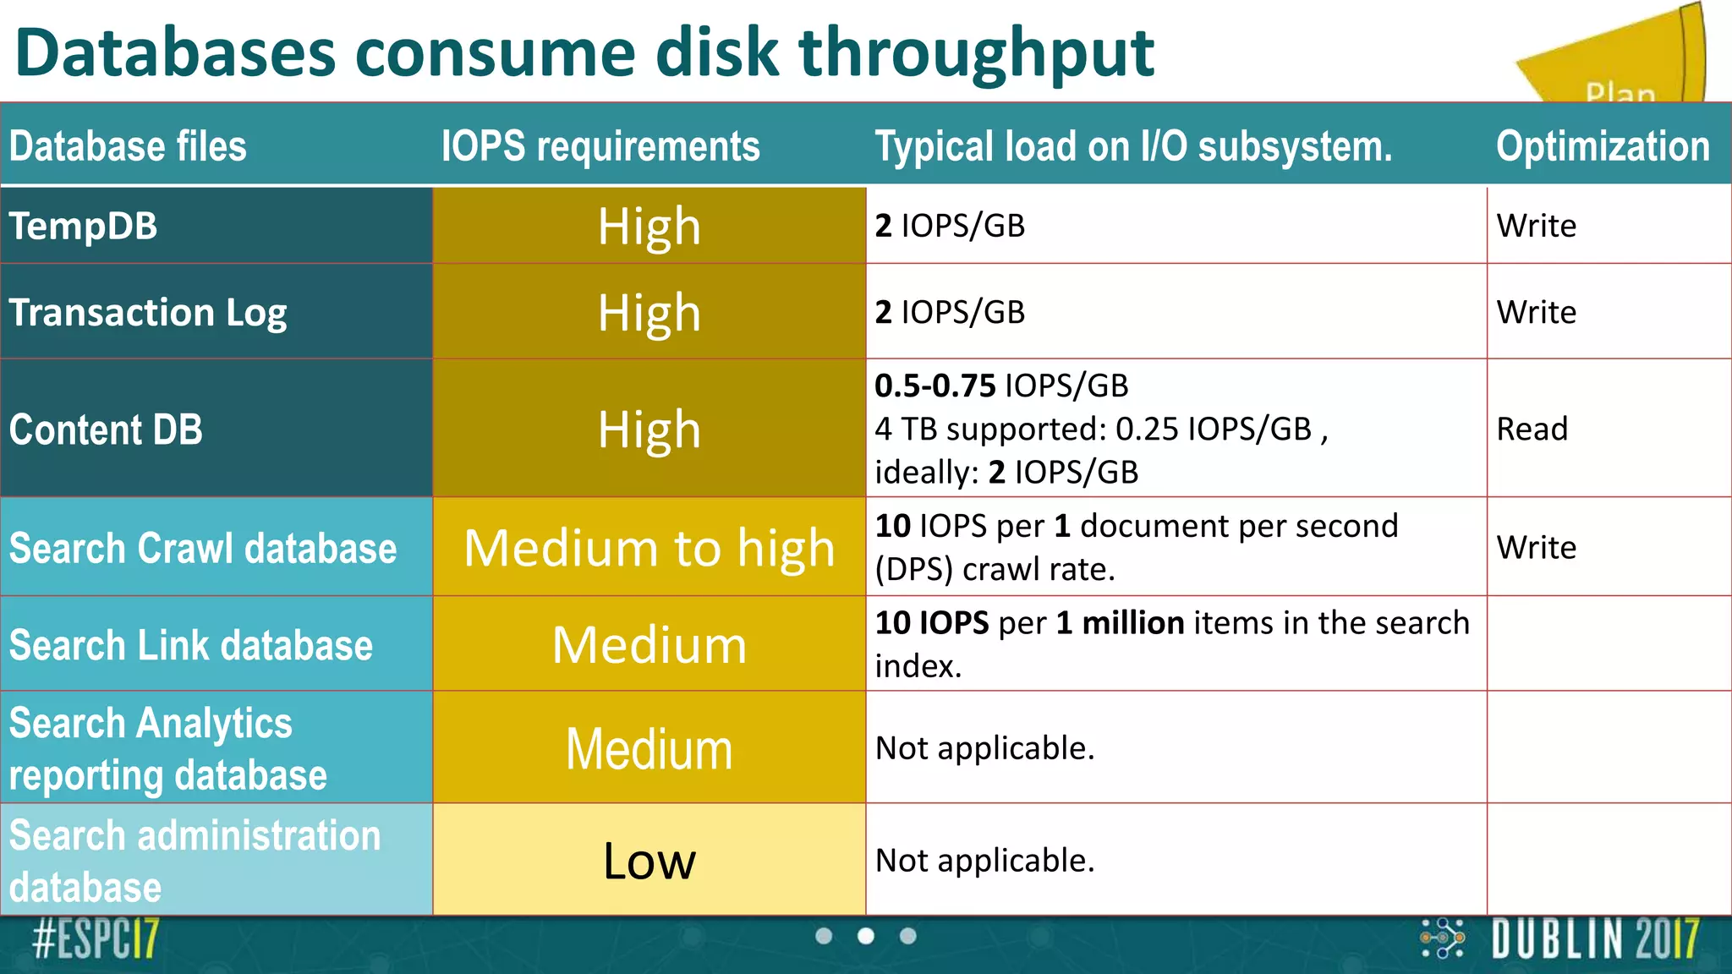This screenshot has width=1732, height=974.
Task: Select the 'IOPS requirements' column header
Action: pyautogui.click(x=600, y=145)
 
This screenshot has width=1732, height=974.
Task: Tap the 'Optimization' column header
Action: pyautogui.click(x=1603, y=145)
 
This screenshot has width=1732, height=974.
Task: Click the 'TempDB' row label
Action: pyautogui.click(x=83, y=226)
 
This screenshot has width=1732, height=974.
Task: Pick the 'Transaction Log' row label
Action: pyautogui.click(x=148, y=313)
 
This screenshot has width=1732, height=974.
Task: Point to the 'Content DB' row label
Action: pyautogui.click(x=106, y=430)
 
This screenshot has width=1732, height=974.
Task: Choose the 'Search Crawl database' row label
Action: pyautogui.click(x=203, y=548)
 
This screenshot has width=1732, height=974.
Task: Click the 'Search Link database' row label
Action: pyautogui.click(x=191, y=645)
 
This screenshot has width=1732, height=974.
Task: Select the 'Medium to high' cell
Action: pyautogui.click(x=649, y=548)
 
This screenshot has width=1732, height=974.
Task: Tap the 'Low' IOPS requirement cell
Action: pyautogui.click(x=649, y=861)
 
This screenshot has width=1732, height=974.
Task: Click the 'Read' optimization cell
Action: pyautogui.click(x=1532, y=429)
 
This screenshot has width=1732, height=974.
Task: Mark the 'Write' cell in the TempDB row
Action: pyautogui.click(x=1536, y=226)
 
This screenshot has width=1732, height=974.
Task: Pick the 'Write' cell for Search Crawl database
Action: pyautogui.click(x=1536, y=547)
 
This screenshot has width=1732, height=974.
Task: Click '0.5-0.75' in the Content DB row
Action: pyautogui.click(x=935, y=386)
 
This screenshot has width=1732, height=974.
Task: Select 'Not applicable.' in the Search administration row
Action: pyautogui.click(x=984, y=861)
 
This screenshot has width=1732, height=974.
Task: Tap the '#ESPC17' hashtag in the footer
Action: pyautogui.click(x=96, y=939)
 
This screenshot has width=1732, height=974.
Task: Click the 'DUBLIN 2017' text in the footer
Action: pyautogui.click(x=1595, y=939)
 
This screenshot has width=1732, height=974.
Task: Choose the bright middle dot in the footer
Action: pyautogui.click(x=866, y=936)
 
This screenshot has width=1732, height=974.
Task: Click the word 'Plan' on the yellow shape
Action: pyautogui.click(x=1620, y=92)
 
